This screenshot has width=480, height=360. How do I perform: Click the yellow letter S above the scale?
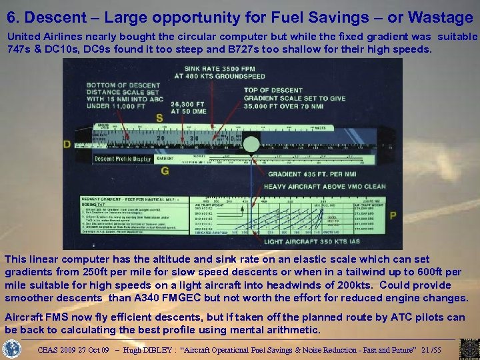click(x=159, y=118)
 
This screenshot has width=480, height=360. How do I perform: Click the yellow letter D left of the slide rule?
click(x=67, y=144)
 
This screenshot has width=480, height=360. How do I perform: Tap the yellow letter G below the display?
click(x=165, y=171)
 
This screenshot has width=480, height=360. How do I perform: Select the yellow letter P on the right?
click(x=393, y=215)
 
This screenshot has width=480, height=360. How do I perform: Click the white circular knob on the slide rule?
click(x=251, y=144)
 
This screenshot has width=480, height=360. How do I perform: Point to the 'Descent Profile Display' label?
click(x=122, y=159)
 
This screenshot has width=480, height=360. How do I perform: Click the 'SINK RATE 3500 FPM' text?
click(x=212, y=68)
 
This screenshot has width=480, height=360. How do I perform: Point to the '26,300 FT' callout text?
click(x=189, y=104)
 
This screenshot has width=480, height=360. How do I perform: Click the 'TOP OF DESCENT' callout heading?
click(x=273, y=89)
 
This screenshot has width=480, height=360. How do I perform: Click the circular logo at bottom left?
click(x=13, y=349)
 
